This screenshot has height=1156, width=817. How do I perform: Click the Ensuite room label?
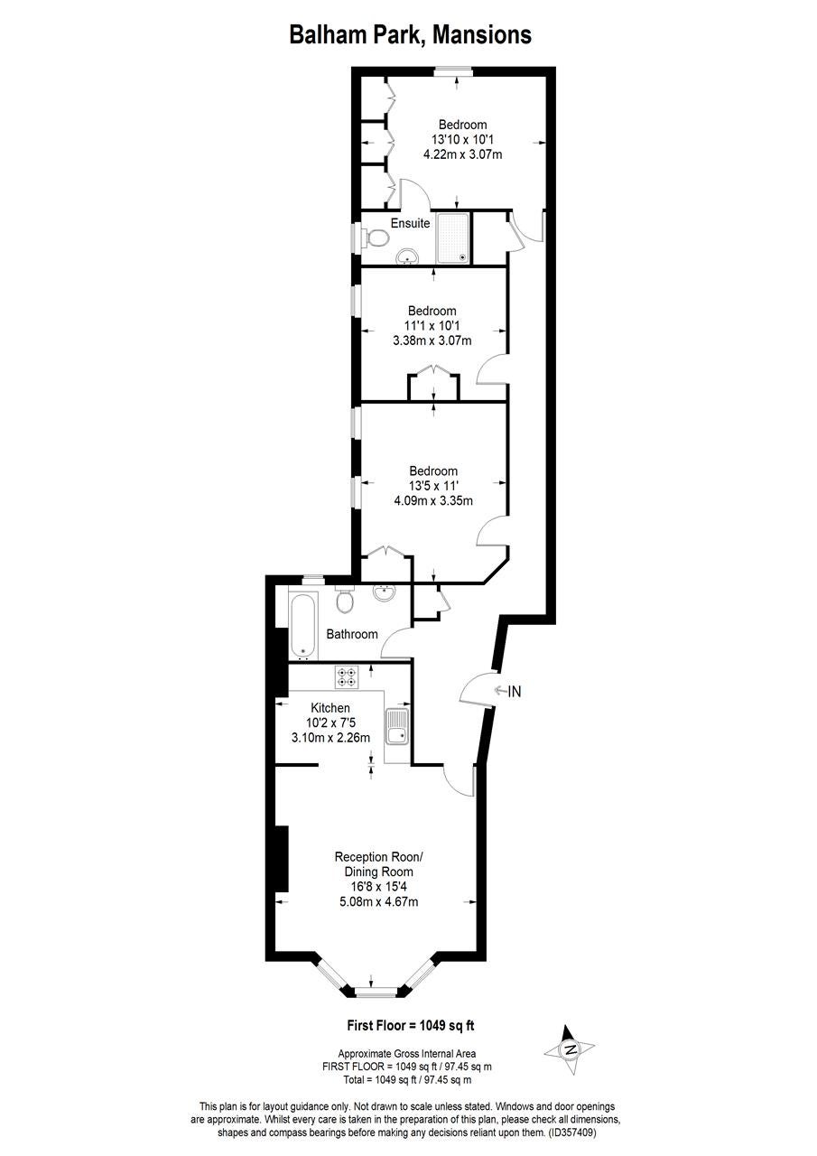click(x=410, y=223)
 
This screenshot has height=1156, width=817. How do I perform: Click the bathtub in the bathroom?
click(x=303, y=625)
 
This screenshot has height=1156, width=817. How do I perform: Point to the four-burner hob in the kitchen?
click(x=347, y=676)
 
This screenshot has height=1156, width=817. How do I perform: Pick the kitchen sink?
click(x=397, y=726)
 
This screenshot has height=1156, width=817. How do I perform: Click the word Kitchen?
click(x=330, y=708)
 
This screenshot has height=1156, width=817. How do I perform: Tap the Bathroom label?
click(x=352, y=634)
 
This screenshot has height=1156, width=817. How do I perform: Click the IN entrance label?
click(x=515, y=691)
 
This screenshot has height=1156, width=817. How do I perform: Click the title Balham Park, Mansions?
click(x=410, y=35)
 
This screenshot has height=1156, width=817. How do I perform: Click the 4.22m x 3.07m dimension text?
click(x=462, y=154)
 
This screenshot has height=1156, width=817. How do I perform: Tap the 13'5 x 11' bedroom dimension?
click(x=433, y=486)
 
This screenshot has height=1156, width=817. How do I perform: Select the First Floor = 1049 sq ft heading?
click(x=410, y=1025)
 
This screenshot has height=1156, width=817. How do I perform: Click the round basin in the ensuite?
click(x=409, y=256)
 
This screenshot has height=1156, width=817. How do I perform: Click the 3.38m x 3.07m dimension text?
click(x=432, y=340)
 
